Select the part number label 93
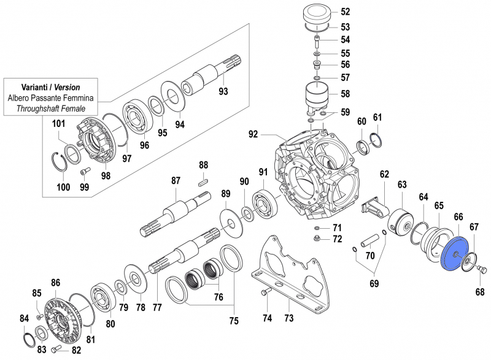click(x=223, y=92)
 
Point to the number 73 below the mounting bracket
click(x=288, y=318)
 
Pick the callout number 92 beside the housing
click(x=253, y=134)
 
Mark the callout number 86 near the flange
click(x=56, y=283)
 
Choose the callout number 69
click(x=374, y=283)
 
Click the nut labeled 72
click(x=318, y=238)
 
